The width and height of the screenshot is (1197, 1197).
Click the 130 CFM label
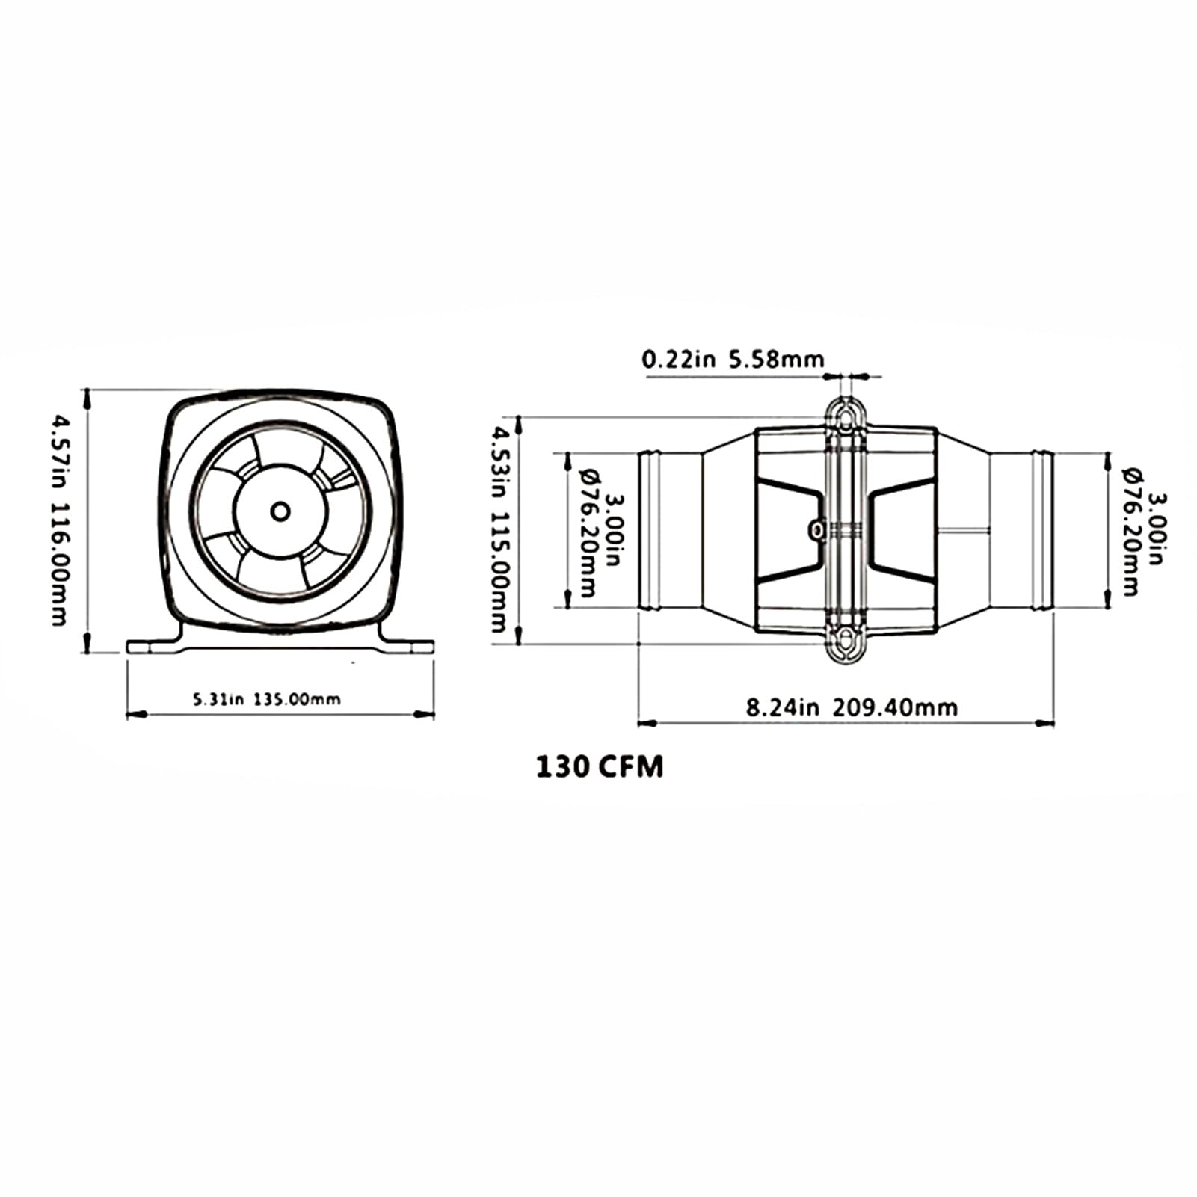(600, 767)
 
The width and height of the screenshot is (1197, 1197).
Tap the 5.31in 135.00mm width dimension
(267, 700)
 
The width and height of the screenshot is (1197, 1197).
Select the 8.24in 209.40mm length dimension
(852, 707)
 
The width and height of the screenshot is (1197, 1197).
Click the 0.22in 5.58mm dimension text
(733, 360)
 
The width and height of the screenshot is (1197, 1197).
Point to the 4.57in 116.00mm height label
(58, 520)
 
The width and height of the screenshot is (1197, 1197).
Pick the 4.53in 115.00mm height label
(499, 529)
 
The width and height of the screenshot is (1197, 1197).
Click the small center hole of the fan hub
(280, 511)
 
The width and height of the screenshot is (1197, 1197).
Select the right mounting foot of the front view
(410, 645)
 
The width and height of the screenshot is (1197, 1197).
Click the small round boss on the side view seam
(817, 530)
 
